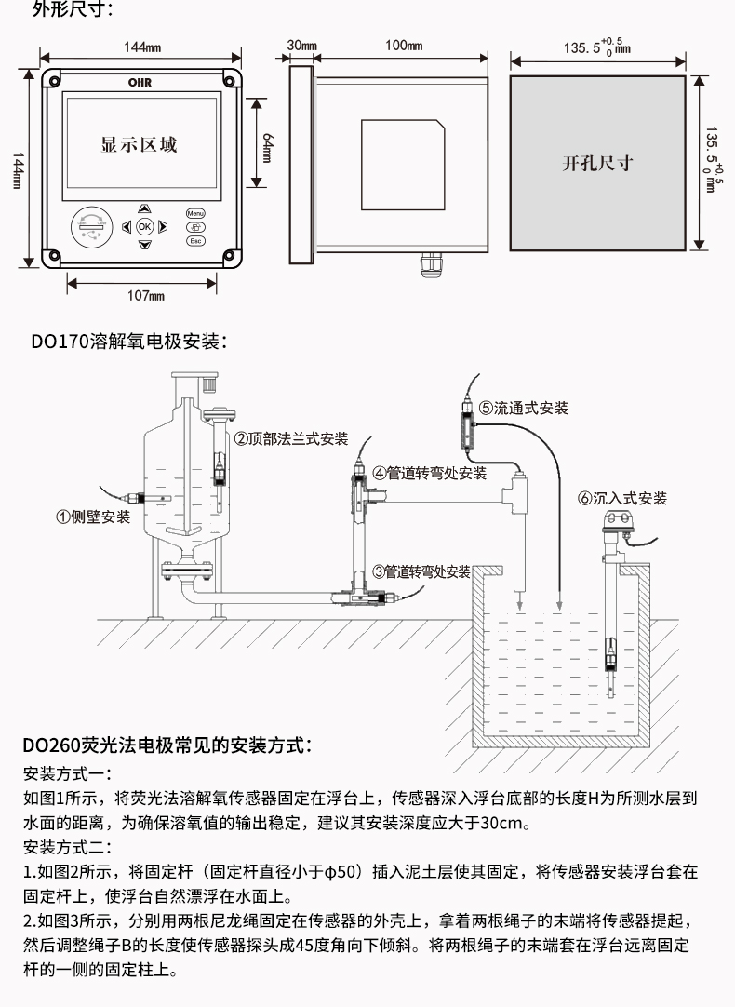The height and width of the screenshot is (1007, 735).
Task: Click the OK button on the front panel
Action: click(x=144, y=226)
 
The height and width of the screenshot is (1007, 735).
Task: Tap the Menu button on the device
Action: click(x=195, y=213)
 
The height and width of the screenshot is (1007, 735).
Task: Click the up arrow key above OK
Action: click(x=144, y=208)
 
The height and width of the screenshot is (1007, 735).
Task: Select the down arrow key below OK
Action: click(x=144, y=245)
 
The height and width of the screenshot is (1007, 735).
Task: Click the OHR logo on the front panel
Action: click(x=140, y=82)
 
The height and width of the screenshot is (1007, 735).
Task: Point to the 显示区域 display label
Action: click(x=139, y=145)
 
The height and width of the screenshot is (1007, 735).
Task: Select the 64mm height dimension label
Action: click(x=267, y=144)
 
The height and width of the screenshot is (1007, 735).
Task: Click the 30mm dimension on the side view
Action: click(x=301, y=45)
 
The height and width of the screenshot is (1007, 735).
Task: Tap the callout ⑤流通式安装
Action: click(x=523, y=408)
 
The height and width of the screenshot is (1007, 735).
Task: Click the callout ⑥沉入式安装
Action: click(x=622, y=498)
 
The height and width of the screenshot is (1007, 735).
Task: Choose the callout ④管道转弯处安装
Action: click(x=429, y=473)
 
